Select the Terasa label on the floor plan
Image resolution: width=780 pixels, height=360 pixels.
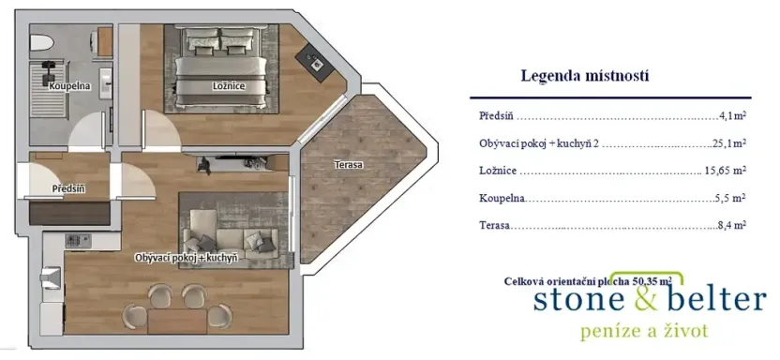click(348, 165)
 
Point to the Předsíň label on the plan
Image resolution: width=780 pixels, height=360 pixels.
click(68, 188)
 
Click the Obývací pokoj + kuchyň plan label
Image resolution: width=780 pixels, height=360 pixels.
click(185, 256)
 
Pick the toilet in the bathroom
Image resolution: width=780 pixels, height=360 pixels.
click(41, 44)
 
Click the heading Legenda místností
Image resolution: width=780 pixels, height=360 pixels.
click(584, 76)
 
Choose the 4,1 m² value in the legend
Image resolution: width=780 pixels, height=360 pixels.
click(731, 117)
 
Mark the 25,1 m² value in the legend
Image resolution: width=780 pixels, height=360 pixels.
click(727, 143)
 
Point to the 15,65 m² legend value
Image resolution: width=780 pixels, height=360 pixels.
click(724, 171)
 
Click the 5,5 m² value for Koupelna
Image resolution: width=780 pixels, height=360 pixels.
click(730, 198)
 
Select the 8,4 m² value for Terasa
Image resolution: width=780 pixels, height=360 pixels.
click(730, 225)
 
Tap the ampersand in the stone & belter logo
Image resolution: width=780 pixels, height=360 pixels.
click(637, 299)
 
